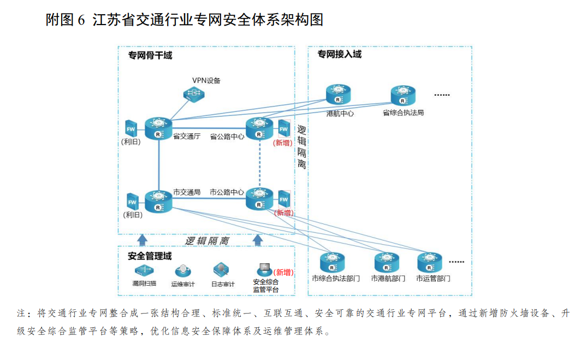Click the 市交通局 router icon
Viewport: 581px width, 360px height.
(x=158, y=201)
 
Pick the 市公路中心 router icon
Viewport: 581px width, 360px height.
(x=259, y=198)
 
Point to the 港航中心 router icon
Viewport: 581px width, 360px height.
(x=339, y=95)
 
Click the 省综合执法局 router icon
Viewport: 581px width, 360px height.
(x=403, y=96)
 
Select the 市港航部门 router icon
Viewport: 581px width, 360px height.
(x=388, y=263)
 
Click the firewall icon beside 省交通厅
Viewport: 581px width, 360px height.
(x=131, y=129)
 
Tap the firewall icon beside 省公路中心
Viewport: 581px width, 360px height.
(x=283, y=129)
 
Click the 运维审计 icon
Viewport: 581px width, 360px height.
(x=183, y=270)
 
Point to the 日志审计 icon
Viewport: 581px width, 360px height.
(x=221, y=269)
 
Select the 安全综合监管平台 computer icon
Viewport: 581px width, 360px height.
(x=264, y=270)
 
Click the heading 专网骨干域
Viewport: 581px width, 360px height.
(x=150, y=55)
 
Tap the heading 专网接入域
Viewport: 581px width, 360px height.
(x=340, y=55)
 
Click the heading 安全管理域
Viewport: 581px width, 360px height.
(x=150, y=256)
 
